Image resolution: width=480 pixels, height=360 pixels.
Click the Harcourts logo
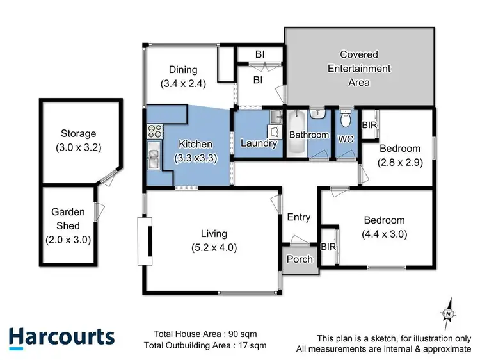point(61,338)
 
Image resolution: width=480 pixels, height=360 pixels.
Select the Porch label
point(300,259)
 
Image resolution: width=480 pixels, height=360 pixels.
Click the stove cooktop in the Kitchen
point(155,132)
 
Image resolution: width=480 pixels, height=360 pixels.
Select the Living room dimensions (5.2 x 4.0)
point(214,247)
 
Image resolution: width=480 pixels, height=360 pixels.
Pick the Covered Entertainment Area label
point(358,69)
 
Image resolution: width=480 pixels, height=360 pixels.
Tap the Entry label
point(298,217)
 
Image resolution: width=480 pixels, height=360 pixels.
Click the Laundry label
point(259,143)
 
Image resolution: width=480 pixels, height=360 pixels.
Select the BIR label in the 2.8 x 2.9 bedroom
point(369,126)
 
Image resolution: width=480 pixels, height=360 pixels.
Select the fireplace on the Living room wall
point(145,240)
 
